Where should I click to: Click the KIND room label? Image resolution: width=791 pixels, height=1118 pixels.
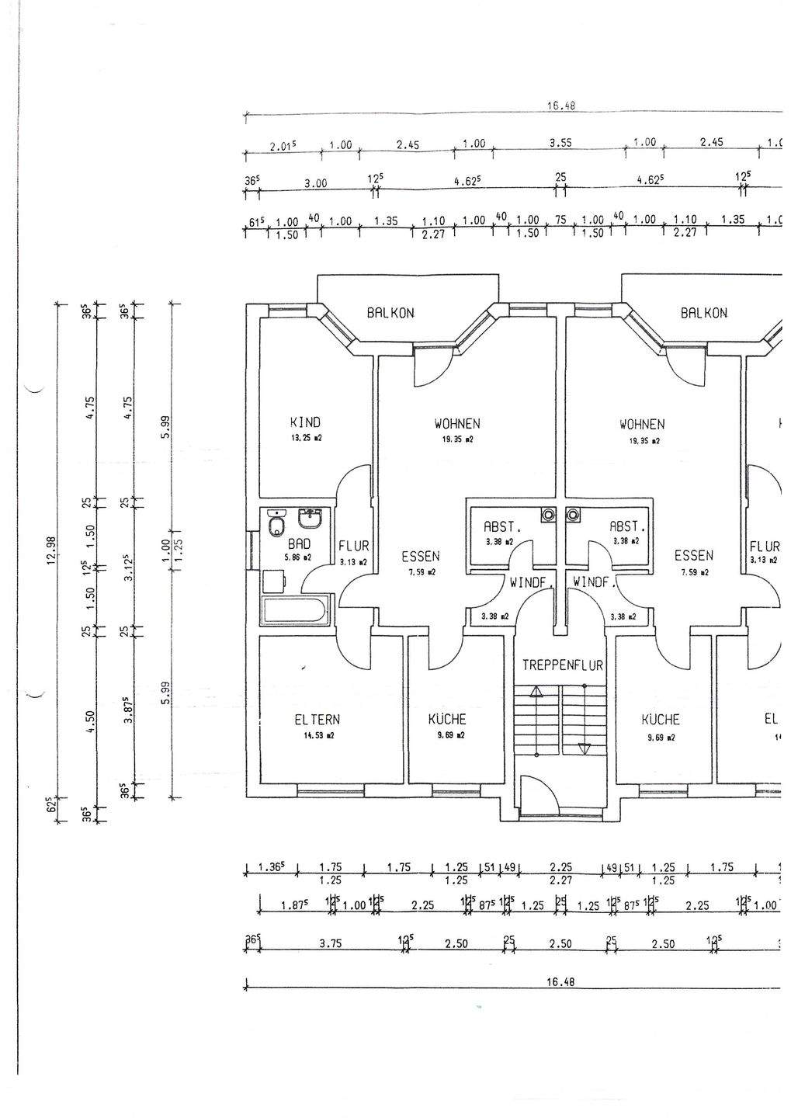click(305, 422)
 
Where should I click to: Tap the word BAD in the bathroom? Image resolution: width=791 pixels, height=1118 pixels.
click(299, 543)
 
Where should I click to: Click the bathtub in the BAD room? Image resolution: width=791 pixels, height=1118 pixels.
click(296, 610)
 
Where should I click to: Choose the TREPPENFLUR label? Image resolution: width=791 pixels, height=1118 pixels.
click(563, 665)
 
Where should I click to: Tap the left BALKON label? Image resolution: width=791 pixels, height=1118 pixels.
click(390, 313)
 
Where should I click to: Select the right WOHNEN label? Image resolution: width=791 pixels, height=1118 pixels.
click(642, 424)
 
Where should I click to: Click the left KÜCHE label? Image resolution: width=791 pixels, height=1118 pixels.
click(447, 720)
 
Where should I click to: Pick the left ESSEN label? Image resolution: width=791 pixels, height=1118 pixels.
click(421, 557)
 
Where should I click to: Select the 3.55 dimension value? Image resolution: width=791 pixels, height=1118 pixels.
click(560, 143)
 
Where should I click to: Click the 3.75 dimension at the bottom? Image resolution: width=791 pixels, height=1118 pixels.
click(331, 944)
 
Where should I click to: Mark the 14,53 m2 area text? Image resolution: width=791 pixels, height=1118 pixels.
click(319, 734)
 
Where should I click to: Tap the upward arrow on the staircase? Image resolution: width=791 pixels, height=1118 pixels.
click(536, 691)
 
